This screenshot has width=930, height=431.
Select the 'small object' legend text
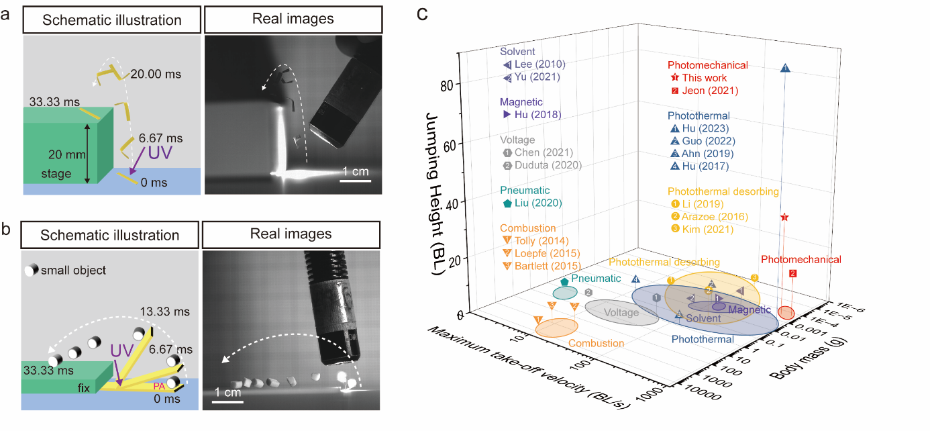tap(73, 271)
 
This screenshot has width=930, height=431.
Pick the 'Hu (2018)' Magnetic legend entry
tap(537, 115)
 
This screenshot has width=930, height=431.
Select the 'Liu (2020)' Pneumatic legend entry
tap(537, 203)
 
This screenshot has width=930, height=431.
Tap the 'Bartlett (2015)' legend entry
tap(547, 266)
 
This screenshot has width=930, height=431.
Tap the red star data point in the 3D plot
tap(784, 218)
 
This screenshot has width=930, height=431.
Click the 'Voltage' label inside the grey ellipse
tap(621, 312)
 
